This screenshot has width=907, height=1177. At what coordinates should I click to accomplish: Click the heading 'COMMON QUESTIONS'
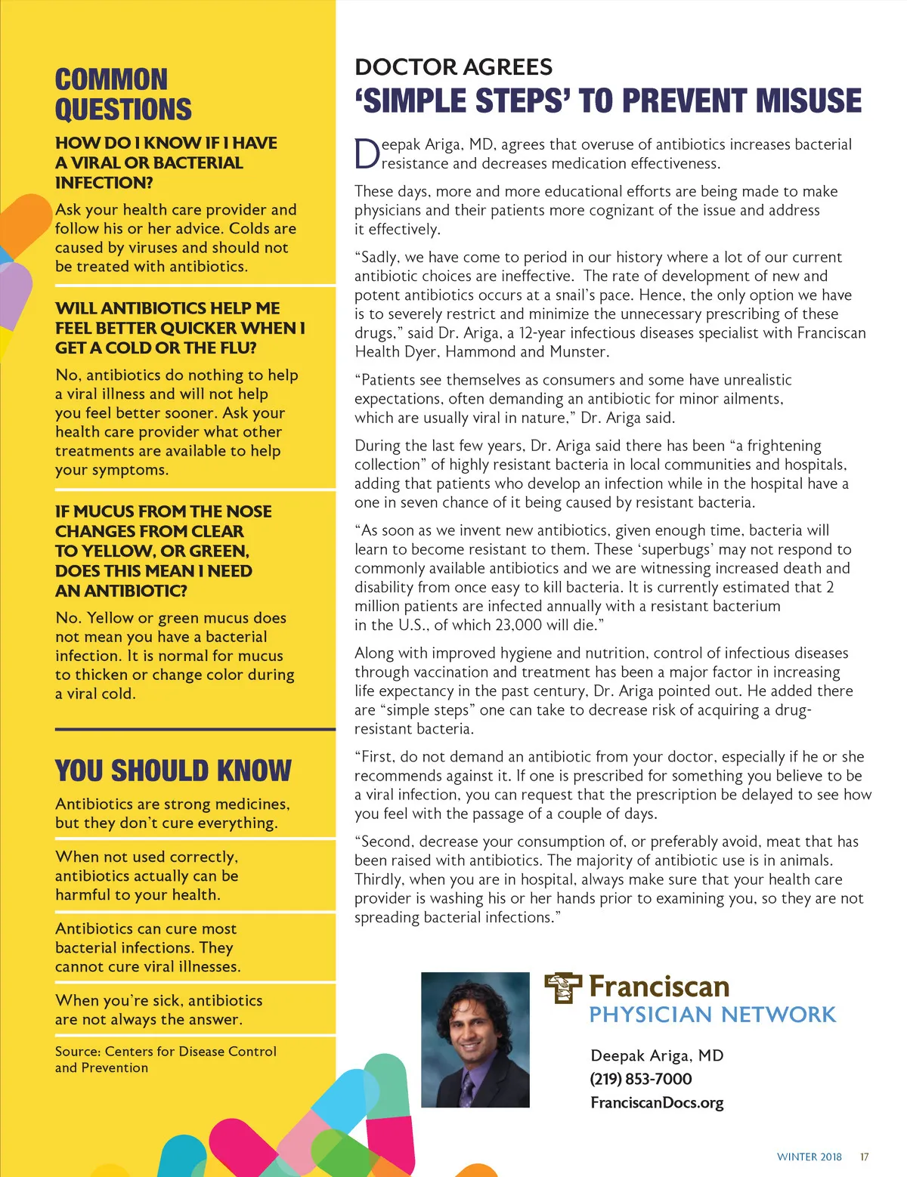click(123, 94)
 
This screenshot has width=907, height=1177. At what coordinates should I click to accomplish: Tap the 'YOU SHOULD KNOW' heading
click(173, 771)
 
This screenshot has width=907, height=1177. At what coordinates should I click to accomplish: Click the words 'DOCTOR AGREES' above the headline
click(453, 67)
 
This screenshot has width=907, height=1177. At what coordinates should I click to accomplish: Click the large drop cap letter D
click(367, 154)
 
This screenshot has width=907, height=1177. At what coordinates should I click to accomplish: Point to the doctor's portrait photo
click(475, 1040)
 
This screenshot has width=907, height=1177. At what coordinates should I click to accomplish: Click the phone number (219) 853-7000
click(641, 1079)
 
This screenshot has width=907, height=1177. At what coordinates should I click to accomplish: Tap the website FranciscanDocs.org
click(657, 1103)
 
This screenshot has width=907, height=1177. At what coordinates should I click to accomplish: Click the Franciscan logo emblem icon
click(563, 987)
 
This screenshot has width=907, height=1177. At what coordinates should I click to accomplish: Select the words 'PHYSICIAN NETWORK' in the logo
click(713, 1015)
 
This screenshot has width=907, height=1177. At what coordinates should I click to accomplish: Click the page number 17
click(865, 1157)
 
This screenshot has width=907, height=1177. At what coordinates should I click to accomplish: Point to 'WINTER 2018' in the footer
click(809, 1157)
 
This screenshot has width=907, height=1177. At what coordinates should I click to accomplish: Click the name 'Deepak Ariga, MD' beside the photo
click(657, 1055)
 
